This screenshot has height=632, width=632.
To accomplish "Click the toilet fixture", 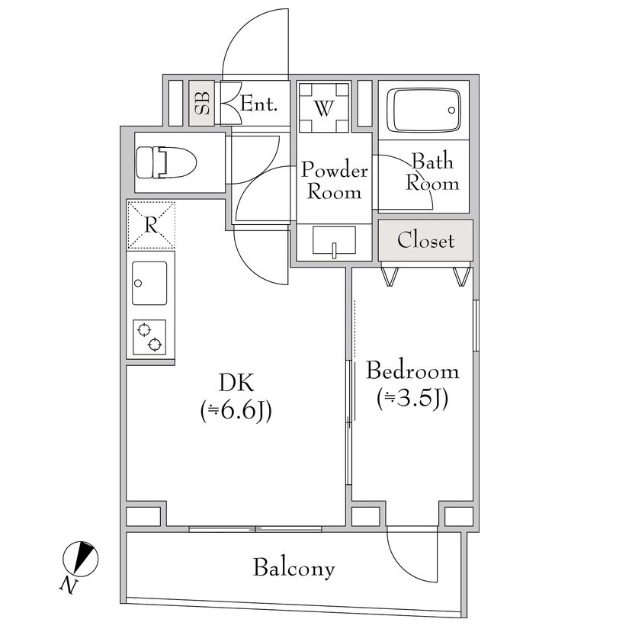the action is pyautogui.click(x=166, y=162).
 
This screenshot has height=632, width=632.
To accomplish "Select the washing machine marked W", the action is pyautogui.click(x=324, y=108).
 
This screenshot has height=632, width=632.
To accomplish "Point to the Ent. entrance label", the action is pyautogui.click(x=258, y=104).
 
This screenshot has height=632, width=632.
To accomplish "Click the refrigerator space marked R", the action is pyautogui.click(x=151, y=225).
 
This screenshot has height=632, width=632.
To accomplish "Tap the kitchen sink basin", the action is pyautogui.click(x=149, y=283).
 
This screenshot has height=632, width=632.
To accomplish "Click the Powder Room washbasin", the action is pyautogui.click(x=334, y=241).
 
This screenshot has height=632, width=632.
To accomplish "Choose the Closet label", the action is pyautogui.click(x=425, y=240).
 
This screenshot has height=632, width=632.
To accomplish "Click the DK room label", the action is pyautogui.click(x=236, y=383).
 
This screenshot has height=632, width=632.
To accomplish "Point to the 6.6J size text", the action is pyautogui.click(x=236, y=412).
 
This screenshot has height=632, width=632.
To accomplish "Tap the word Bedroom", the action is pyautogui.click(x=412, y=371).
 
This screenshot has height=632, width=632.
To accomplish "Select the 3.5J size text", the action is pyautogui.click(x=412, y=399).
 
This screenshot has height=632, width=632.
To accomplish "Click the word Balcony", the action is pyautogui.click(x=294, y=568).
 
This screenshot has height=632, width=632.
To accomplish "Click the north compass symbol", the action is pyautogui.click(x=81, y=558).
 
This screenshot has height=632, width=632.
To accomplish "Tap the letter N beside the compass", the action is pyautogui.click(x=69, y=585).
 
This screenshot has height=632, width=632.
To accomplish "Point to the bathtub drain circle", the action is pyautogui.click(x=451, y=110).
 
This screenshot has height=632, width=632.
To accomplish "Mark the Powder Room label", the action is pyautogui.click(x=334, y=181).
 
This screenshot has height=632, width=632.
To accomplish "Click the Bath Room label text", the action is pyautogui.click(x=432, y=172).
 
